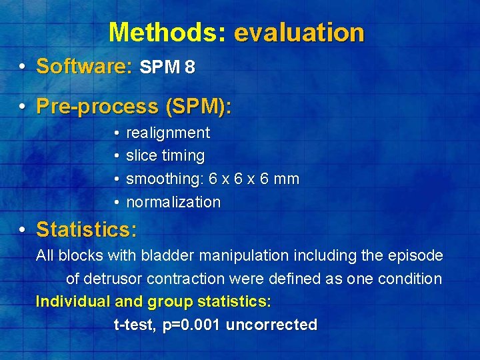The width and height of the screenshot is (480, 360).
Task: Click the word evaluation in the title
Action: [x=299, y=32]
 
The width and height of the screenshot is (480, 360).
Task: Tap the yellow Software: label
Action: [x=84, y=67]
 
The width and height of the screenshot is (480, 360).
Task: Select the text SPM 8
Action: [x=167, y=68]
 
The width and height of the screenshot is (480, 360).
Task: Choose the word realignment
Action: [x=168, y=133]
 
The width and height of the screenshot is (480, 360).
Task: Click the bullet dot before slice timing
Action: [x=116, y=156]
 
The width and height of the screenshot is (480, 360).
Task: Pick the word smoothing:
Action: [x=165, y=179]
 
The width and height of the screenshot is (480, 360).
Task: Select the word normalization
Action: [x=173, y=202]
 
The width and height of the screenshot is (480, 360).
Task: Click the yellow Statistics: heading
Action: [x=87, y=230]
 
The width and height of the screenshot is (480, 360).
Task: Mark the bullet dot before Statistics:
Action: [x=23, y=230]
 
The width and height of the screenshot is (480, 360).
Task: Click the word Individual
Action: [x=73, y=301]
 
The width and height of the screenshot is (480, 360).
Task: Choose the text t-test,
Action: [x=136, y=325]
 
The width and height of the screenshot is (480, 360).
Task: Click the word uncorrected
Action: [x=271, y=325]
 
